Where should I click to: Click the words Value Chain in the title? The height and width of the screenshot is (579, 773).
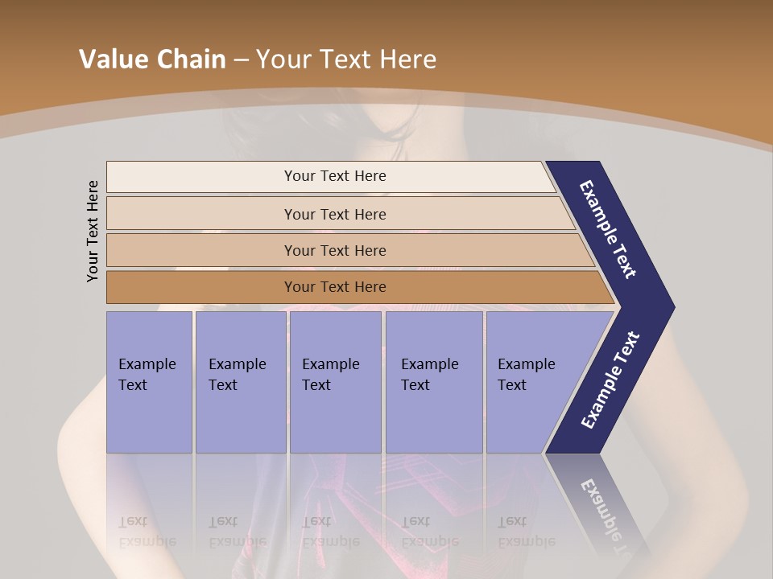(x=152, y=60)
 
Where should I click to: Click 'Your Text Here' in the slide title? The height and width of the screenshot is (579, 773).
(x=346, y=60)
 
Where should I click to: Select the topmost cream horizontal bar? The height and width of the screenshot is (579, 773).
(x=201, y=177)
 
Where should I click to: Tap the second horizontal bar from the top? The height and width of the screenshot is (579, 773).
(x=201, y=214)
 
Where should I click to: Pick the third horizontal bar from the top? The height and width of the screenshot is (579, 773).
(x=201, y=250)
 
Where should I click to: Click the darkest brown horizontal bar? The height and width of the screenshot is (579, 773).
(x=201, y=287)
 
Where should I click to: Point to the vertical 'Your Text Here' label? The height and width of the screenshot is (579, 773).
(x=93, y=231)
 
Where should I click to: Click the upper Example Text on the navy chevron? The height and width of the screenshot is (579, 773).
(x=608, y=229)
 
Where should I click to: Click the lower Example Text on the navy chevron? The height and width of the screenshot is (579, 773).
(x=610, y=380)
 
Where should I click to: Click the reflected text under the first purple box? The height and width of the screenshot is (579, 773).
(x=147, y=531)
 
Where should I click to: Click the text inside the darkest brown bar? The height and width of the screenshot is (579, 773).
(x=335, y=287)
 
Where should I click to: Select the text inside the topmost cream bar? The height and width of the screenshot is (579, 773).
(x=335, y=176)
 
